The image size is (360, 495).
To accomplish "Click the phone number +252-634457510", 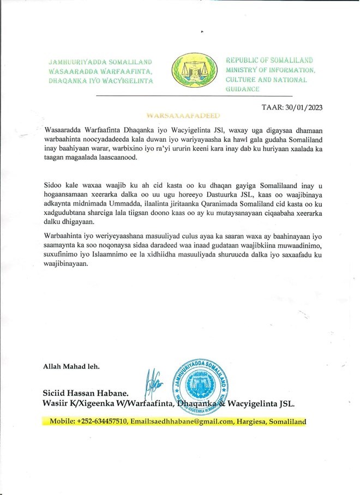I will coord(103,421).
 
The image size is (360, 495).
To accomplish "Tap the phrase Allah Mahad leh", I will coord(71,366).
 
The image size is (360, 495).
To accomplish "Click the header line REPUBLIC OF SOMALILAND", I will coord(269,61).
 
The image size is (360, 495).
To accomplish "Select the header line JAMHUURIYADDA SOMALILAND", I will coord(100,63).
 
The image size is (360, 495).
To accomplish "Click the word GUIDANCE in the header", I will coord(243,88).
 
